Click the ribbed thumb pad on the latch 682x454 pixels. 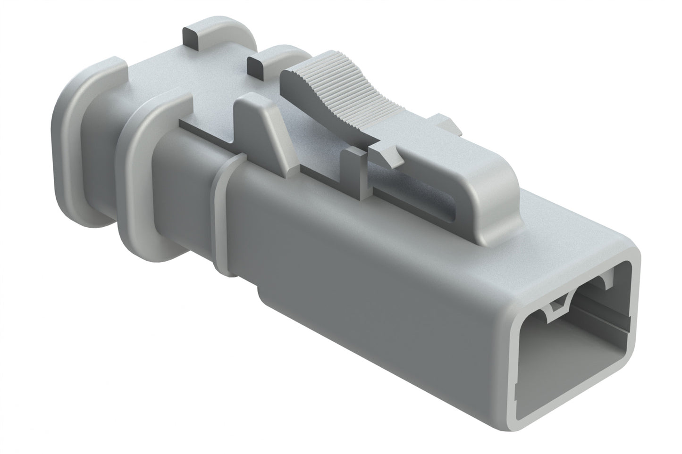pos(330,94)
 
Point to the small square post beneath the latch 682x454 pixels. pos(354,170)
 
